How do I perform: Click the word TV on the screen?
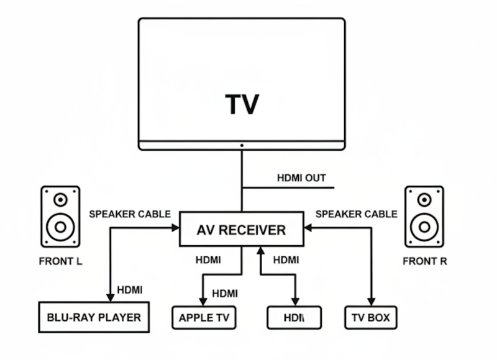(242, 104)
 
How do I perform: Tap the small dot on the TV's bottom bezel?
(242, 145)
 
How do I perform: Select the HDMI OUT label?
(301, 178)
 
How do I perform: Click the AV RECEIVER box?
(242, 230)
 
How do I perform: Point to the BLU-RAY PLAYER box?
(94, 317)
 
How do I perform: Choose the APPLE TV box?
(204, 318)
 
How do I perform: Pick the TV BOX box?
(370, 318)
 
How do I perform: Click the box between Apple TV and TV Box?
(294, 318)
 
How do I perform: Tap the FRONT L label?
(60, 261)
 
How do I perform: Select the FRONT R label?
(424, 261)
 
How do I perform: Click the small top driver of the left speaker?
(60, 200)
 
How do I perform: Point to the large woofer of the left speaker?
(60, 225)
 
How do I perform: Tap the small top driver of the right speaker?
(424, 200)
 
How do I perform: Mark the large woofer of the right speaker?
(424, 225)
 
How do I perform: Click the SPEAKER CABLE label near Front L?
(130, 214)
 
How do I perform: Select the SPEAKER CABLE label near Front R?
(357, 214)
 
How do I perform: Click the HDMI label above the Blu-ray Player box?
(130, 290)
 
